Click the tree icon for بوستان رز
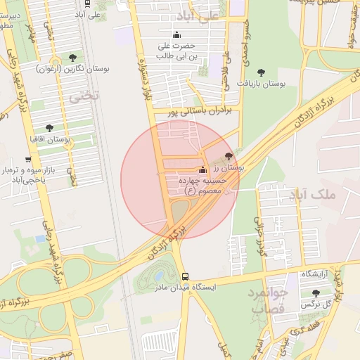(227, 156)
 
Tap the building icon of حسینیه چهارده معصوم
(203, 169)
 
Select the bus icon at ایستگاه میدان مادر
(185, 276)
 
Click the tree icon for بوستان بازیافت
(261, 72)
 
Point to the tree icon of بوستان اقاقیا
(49, 128)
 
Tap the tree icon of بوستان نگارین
(73, 57)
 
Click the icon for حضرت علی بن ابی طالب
(176, 35)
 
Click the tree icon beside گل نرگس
(314, 293)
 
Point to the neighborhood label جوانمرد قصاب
(268, 300)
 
